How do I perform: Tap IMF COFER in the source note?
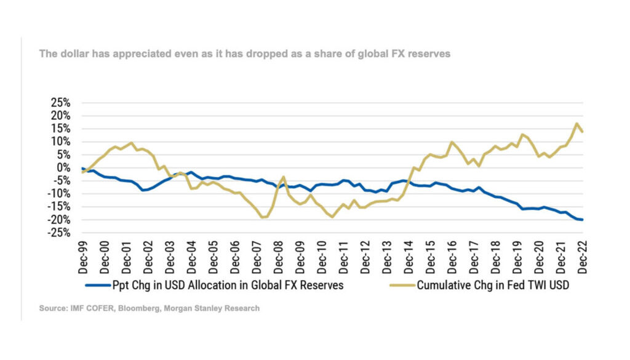(x=90, y=308)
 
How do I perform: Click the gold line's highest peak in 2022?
(x=576, y=123)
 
